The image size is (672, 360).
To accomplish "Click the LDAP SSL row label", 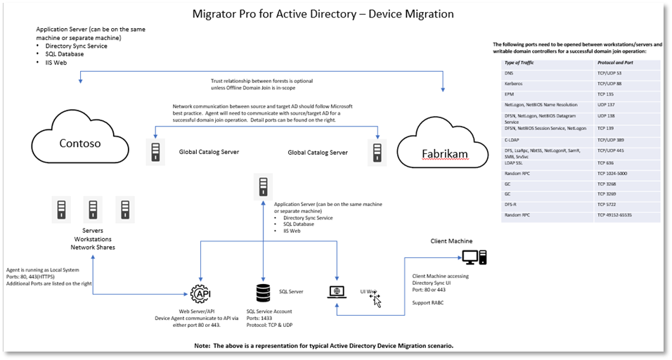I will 515,164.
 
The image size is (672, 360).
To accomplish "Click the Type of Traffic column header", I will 519,63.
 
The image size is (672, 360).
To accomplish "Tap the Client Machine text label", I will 451,241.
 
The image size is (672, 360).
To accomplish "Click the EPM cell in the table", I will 510,93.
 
